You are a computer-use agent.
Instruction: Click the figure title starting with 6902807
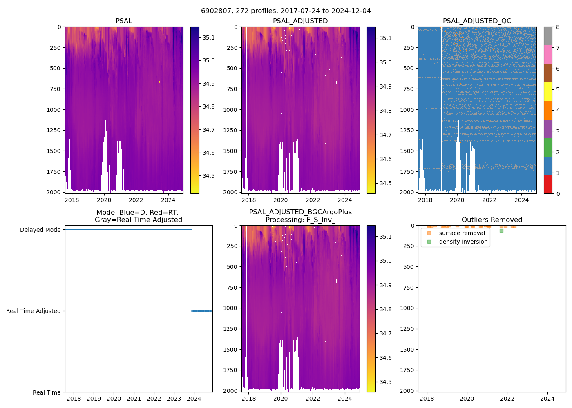tap(286, 11)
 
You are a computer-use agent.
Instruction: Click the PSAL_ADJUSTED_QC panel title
tap(477, 21)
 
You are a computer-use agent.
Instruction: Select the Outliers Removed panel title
tap(492, 220)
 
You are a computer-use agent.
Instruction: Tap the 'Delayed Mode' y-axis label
tap(40, 230)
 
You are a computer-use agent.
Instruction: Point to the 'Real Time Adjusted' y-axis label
tap(33, 311)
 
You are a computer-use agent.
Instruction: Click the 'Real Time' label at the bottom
tap(47, 392)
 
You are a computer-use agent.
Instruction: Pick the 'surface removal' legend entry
tap(462, 233)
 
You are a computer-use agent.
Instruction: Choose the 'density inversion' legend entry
tap(463, 242)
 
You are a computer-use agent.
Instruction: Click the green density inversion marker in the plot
tap(501, 231)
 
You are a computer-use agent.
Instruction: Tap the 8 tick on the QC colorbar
tap(558, 27)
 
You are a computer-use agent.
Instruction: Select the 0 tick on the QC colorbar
tap(558, 193)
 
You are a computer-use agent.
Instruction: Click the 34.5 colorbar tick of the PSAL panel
tap(208, 176)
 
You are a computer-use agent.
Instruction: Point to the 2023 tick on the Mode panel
tap(174, 399)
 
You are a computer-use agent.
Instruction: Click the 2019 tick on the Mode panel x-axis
tap(94, 399)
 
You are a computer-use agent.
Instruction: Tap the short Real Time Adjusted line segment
tap(202, 311)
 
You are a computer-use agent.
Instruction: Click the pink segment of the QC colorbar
tap(548, 54)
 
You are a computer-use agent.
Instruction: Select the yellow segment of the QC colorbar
tap(548, 91)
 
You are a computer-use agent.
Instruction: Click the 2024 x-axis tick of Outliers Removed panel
tap(547, 399)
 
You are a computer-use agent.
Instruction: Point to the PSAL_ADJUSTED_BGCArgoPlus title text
tap(300, 212)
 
